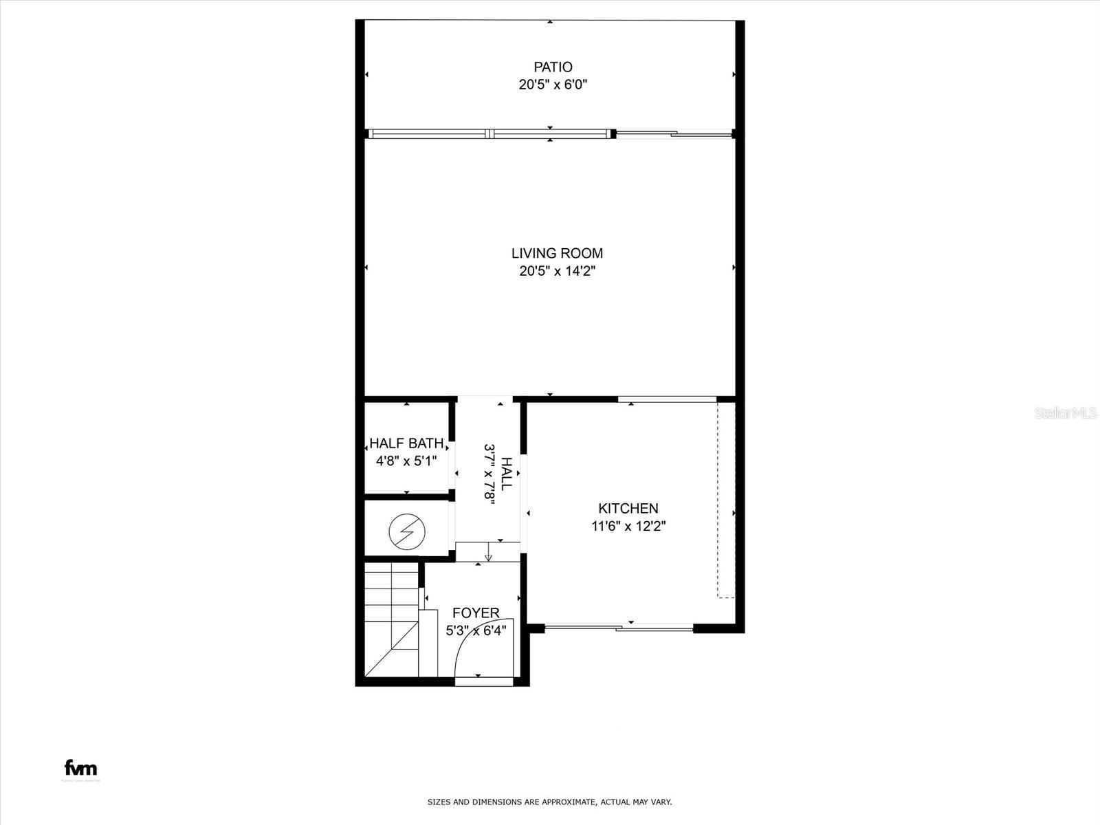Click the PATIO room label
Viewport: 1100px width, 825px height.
pos(553,67)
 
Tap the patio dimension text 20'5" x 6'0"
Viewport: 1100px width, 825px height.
pos(553,85)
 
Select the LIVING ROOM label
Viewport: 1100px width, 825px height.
pos(557,253)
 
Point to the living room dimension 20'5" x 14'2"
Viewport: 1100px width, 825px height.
pos(557,271)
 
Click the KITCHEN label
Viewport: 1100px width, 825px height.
pos(628,509)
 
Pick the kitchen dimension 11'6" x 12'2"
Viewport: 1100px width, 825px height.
pos(628,527)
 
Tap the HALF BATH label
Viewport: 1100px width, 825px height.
pos(406,443)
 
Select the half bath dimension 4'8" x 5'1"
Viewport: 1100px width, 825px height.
pos(406,461)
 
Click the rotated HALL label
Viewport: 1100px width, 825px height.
pos(507,474)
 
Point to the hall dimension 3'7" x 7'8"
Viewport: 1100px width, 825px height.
pos(490,474)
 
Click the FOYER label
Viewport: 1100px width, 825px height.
pos(476,613)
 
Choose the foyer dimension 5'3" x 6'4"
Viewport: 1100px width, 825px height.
pos(476,630)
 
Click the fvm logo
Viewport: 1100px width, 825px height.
pos(80,768)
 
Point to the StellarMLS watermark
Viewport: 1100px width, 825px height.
pos(1066,412)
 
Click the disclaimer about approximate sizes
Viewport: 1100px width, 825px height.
pos(550,802)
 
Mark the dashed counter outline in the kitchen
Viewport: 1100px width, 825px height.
pos(725,500)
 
